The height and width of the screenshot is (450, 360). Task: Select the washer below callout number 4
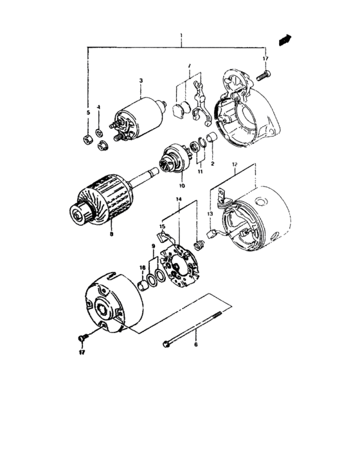[x=98, y=133]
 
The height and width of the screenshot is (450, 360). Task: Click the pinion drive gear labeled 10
[x=175, y=158]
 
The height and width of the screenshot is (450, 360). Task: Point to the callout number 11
[x=199, y=172]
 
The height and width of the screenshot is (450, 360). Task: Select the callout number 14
[x=179, y=200]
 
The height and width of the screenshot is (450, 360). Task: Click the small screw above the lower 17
[x=82, y=337]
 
